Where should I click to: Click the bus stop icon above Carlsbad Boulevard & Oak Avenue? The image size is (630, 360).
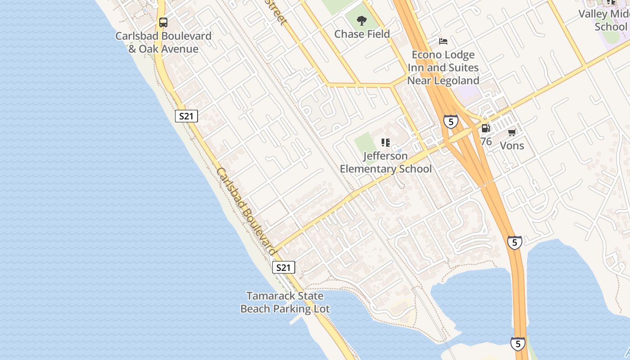click(163, 22)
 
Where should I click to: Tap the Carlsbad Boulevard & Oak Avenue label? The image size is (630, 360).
click(163, 42)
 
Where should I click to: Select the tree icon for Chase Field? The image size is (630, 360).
click(361, 20)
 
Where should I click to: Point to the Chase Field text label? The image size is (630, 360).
click(362, 34)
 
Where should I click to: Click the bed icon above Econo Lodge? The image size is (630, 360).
click(443, 41)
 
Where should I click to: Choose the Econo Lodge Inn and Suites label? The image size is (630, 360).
click(443, 67)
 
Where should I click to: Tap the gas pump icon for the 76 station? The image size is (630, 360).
click(486, 128)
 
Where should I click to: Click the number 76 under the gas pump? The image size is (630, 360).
click(486, 141)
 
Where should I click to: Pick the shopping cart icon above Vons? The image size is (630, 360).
click(512, 132)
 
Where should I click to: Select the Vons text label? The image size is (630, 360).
click(512, 145)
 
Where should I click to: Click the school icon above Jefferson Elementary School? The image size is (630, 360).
click(386, 143)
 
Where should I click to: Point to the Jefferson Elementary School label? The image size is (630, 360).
click(386, 162)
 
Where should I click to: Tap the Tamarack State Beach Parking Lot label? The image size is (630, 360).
click(285, 302)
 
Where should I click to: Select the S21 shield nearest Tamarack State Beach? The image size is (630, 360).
click(283, 268)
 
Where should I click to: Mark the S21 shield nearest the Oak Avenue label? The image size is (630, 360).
click(186, 116)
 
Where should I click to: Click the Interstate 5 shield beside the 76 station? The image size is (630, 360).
click(451, 121)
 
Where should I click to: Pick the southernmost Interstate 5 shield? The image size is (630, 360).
click(518, 344)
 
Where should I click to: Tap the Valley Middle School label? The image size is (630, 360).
click(604, 20)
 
